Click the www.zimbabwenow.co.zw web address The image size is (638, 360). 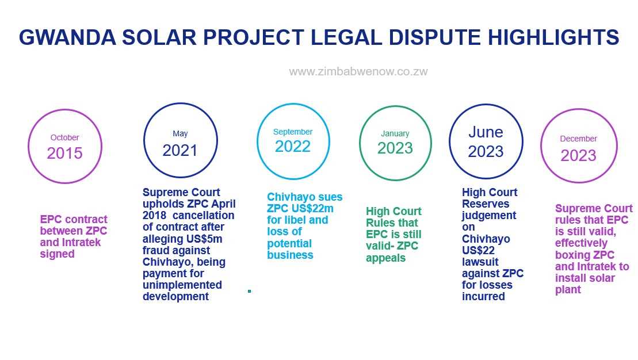[x=358, y=71]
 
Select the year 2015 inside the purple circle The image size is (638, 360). [x=64, y=154]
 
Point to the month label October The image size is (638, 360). [x=64, y=137]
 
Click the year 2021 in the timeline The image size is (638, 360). [x=180, y=151]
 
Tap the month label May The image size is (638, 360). [x=180, y=134]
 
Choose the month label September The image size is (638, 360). [x=293, y=132]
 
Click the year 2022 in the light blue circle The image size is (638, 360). [x=293, y=147]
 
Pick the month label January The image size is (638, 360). [x=395, y=133]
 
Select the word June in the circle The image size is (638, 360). [x=486, y=132]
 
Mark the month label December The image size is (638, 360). [x=579, y=139]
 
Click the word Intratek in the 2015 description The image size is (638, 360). [x=80, y=243]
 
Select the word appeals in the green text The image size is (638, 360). [x=385, y=258]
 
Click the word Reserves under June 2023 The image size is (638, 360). [x=486, y=204]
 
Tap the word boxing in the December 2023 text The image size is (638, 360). [x=571, y=255]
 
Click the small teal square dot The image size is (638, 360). [x=250, y=291]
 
